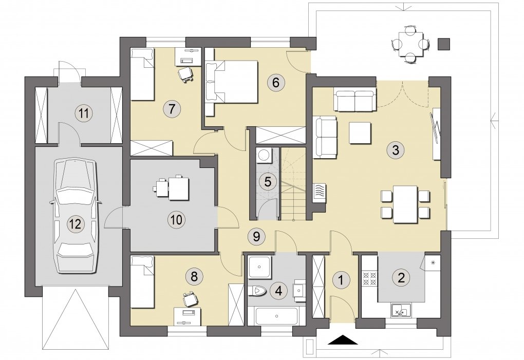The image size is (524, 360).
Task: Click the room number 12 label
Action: [x=76, y=223]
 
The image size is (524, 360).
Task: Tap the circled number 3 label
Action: [x=396, y=150]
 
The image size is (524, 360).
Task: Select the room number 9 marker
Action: [x=256, y=237]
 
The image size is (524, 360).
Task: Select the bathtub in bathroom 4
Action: [x=276, y=315]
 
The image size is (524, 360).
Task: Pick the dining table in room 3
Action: [x=405, y=204]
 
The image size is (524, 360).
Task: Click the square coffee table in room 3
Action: [x=360, y=132]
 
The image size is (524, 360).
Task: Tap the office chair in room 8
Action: [x=190, y=298]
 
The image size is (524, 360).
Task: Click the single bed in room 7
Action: [x=142, y=74]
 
